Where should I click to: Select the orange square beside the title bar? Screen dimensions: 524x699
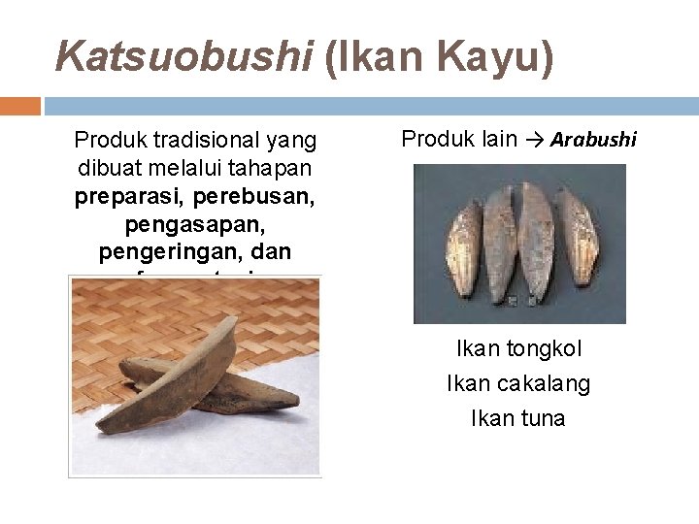click(19, 106)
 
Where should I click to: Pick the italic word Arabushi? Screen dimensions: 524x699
click(593, 140)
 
